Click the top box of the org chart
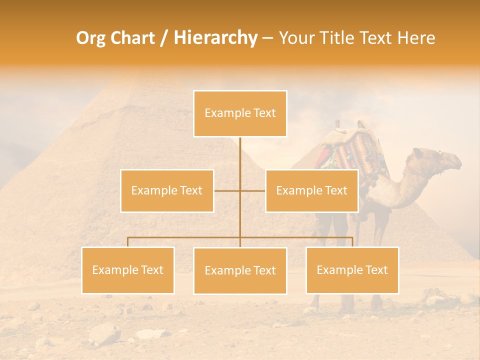click(x=240, y=113)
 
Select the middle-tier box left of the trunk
click(x=167, y=190)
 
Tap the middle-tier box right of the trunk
click(x=311, y=190)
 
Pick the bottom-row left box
click(x=128, y=270)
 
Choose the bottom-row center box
click(x=240, y=270)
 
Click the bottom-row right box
click(x=352, y=270)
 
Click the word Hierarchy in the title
click(x=215, y=38)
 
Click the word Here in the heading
click(x=416, y=38)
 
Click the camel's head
click(x=440, y=161)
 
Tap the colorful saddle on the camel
click(x=356, y=150)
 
